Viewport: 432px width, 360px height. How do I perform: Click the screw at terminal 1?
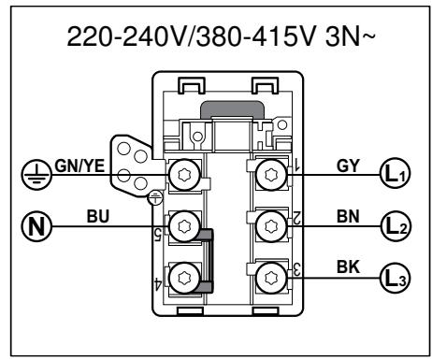(271, 174)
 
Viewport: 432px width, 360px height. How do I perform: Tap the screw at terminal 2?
(271, 225)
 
